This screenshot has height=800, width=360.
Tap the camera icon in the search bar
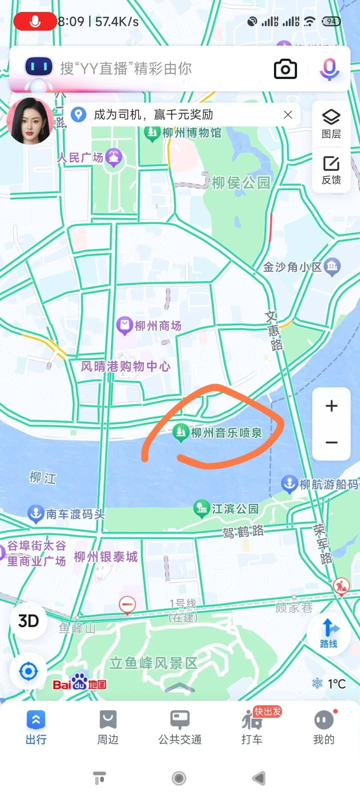(285, 69)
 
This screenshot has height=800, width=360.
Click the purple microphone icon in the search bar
(329, 69)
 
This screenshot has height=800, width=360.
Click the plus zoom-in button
(331, 406)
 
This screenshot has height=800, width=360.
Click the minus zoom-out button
(331, 443)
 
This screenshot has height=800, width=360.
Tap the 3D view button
(29, 621)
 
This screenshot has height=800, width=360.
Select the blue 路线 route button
(329, 633)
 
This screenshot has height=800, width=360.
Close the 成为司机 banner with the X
(288, 115)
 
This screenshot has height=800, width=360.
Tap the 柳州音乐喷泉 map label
(226, 433)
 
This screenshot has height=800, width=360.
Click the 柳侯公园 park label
(241, 183)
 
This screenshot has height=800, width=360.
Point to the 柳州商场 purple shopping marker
(125, 325)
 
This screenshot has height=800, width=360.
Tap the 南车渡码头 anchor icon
(36, 514)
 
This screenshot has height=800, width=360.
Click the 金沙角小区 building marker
(332, 267)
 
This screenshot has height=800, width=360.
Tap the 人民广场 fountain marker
(114, 157)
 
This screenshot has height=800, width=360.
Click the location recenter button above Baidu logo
(29, 671)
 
